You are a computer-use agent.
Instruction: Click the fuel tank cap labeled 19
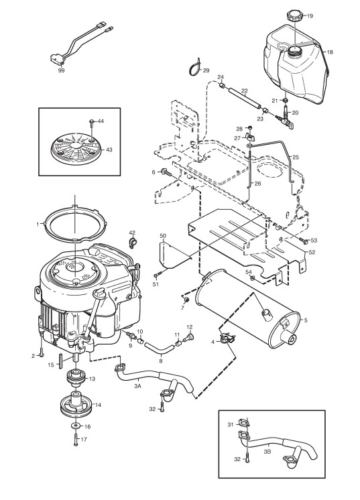[x=294, y=15]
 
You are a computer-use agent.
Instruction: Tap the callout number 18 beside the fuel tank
[x=330, y=52]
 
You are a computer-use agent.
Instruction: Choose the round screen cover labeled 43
[x=76, y=149]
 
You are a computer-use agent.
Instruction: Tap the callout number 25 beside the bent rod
[x=296, y=158]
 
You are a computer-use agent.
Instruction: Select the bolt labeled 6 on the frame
[x=166, y=172]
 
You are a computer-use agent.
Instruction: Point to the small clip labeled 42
[x=132, y=243]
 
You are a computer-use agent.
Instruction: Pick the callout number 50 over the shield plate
[x=163, y=236]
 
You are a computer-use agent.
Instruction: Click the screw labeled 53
[x=304, y=241]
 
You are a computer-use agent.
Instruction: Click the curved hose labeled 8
[x=160, y=349]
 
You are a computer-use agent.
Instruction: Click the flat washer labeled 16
[x=76, y=426]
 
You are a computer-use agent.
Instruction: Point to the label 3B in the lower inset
[x=268, y=451]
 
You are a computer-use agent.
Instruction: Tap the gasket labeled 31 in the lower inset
[x=244, y=424]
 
